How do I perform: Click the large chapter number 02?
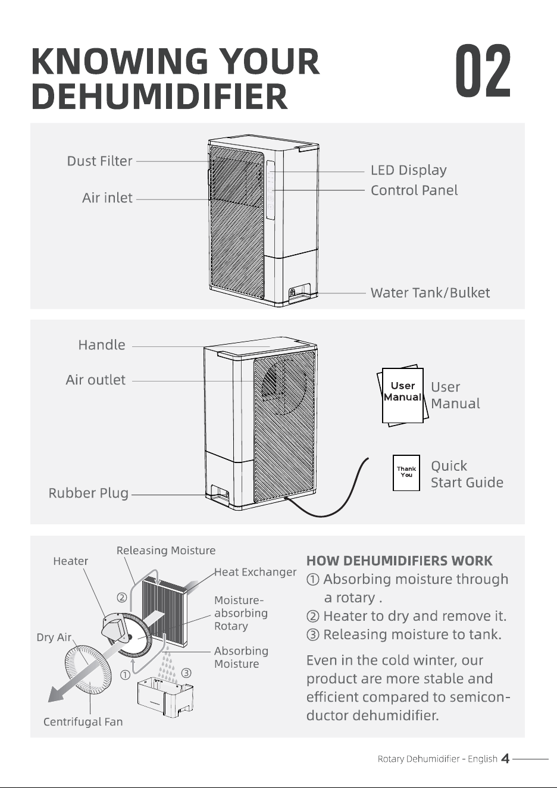(483, 71)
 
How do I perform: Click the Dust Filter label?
(99, 161)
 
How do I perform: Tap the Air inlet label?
(107, 198)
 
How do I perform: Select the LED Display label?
(409, 170)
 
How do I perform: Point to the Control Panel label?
(414, 190)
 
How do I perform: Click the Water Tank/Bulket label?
(430, 293)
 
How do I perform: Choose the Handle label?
(102, 345)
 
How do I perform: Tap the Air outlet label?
(95, 380)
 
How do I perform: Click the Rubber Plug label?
(88, 493)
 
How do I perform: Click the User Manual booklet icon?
(403, 395)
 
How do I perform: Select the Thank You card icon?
(406, 473)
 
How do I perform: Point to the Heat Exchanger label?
(255, 572)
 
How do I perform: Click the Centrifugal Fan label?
(83, 721)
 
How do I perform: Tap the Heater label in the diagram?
(71, 561)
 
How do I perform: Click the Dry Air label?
(54, 637)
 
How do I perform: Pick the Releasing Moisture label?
(166, 550)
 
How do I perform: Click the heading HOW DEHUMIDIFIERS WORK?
(399, 561)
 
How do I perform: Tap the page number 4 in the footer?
(505, 758)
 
